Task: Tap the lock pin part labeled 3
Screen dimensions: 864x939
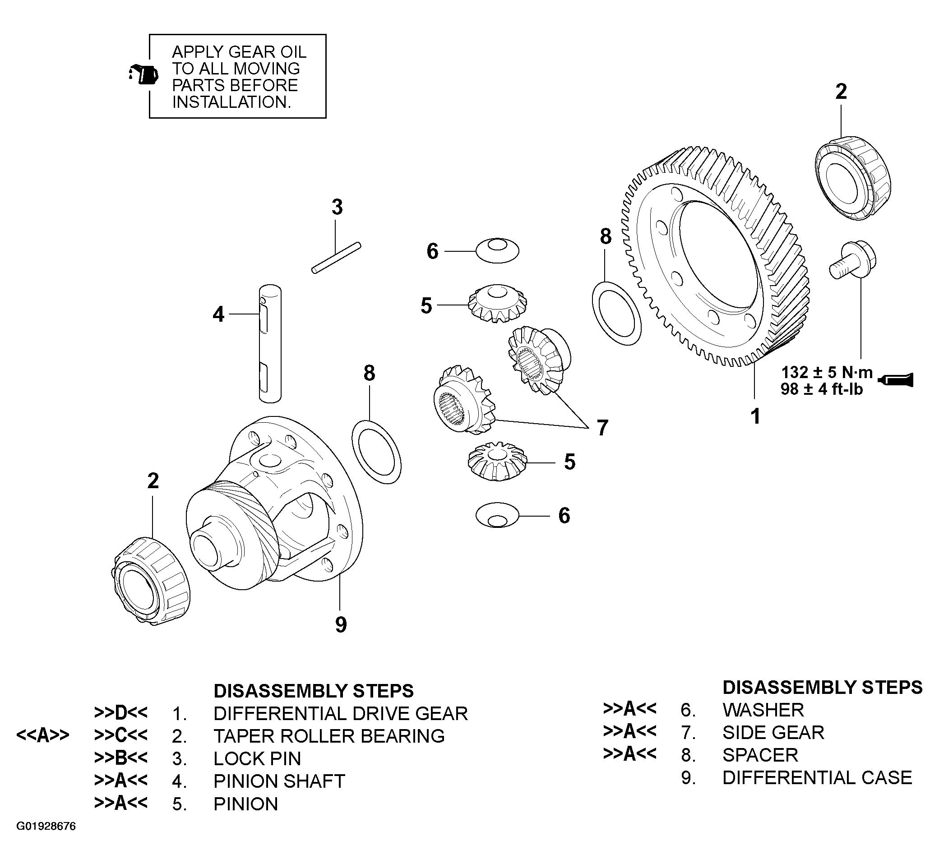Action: (336, 257)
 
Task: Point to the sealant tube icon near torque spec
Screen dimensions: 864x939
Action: (896, 379)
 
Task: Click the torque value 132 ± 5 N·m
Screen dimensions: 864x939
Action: (827, 373)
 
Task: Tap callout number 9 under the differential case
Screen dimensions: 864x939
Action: (341, 624)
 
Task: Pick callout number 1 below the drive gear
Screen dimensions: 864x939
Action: (755, 416)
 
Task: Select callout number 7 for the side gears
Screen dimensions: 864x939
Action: (602, 427)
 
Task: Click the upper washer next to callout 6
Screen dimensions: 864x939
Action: (497, 250)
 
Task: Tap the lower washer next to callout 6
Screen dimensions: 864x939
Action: (497, 516)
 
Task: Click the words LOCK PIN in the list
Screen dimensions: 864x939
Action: (257, 759)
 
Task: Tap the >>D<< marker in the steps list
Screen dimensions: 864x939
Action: (120, 712)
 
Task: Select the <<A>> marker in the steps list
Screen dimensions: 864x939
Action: (42, 735)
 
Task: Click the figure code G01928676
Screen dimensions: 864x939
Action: (46, 827)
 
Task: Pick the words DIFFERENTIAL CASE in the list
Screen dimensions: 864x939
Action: (817, 777)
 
